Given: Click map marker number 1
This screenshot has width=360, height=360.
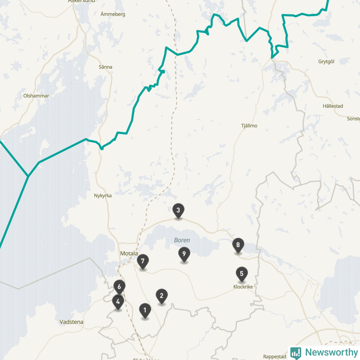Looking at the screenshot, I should click(145, 310).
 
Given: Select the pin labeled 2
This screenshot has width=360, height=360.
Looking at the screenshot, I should click(162, 296).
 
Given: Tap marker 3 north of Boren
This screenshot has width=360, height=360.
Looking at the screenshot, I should click(178, 210).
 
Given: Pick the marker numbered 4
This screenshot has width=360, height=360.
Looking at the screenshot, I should click(118, 301).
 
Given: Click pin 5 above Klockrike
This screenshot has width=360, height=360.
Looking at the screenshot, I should click(242, 273).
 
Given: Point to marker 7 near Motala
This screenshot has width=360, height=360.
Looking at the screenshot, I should click(143, 261).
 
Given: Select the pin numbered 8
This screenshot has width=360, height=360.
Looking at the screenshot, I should click(238, 245).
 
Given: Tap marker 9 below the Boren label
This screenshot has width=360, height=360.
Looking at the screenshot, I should click(184, 254).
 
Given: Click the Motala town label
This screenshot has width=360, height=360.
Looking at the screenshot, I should click(129, 253).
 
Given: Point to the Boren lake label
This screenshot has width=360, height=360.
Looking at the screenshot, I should click(182, 240).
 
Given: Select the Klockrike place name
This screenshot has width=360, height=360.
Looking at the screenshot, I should click(243, 287).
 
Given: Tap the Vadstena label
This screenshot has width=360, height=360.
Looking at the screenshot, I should click(72, 322).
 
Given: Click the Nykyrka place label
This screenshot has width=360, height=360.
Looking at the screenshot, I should click(103, 196).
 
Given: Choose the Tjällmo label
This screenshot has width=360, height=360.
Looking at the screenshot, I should click(249, 126).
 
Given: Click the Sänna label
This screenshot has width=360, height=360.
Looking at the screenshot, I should click(105, 67).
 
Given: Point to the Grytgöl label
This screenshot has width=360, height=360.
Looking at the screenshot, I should click(327, 61).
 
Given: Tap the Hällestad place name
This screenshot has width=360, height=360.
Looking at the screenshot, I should click(333, 106).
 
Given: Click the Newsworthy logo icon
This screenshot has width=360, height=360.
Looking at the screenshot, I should click(296, 353).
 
